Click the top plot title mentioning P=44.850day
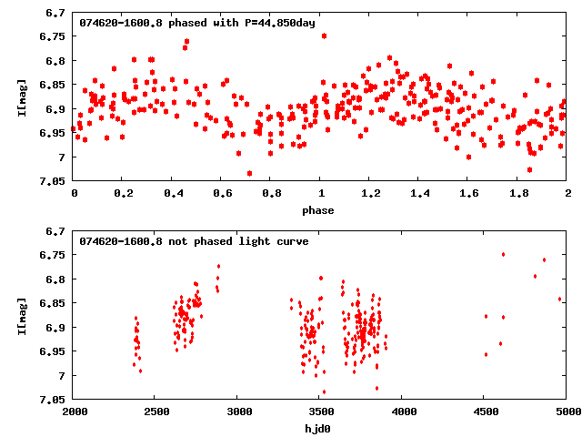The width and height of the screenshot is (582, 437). pyautogui.click(x=197, y=23)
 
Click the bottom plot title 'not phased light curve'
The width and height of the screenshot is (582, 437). pyautogui.click(x=194, y=241)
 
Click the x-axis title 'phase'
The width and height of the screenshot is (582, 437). pyautogui.click(x=319, y=210)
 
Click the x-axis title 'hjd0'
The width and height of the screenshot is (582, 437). pyautogui.click(x=319, y=429)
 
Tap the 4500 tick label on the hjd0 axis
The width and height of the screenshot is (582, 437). pyautogui.click(x=484, y=412)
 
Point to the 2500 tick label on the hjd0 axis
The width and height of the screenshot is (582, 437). pyautogui.click(x=156, y=412)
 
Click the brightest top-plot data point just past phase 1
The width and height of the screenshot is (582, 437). pyautogui.click(x=324, y=36)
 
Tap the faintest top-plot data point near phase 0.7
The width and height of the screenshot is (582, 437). pyautogui.click(x=249, y=173)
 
